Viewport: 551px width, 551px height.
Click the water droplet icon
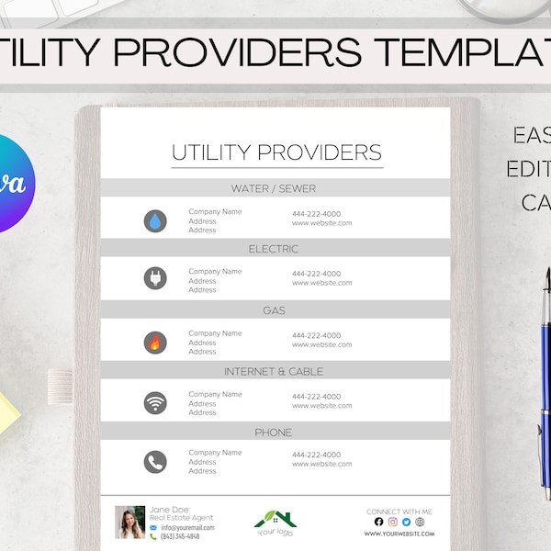click(155, 220)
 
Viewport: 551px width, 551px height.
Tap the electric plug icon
click(155, 278)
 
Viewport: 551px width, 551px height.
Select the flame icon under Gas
click(155, 342)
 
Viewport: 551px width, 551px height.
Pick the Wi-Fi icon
click(155, 402)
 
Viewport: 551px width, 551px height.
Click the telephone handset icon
click(155, 461)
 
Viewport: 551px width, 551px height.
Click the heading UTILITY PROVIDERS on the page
click(276, 152)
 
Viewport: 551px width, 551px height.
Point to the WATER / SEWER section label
click(274, 189)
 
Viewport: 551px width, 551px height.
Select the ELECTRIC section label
click(274, 249)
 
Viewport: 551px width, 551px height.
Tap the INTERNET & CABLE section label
click(274, 372)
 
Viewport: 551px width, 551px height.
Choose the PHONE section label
click(274, 433)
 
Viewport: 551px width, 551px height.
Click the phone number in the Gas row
click(316, 335)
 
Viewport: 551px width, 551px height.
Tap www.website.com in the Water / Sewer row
click(321, 223)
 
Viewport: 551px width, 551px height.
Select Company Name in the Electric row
click(215, 272)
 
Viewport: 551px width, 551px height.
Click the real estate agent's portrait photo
click(130, 522)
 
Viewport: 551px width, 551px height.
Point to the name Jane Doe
click(168, 509)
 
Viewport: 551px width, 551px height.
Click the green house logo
click(275, 519)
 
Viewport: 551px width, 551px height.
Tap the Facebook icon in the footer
click(378, 522)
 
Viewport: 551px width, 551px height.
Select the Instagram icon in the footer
click(392, 522)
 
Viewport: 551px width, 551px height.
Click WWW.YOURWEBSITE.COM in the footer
click(399, 534)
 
